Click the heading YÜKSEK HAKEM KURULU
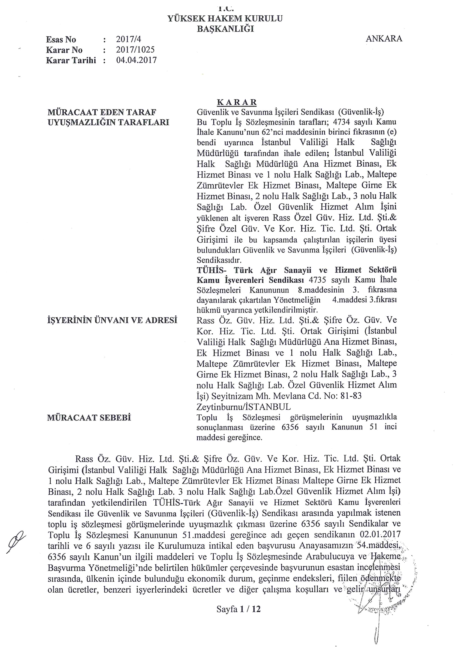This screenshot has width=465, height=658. click(x=225, y=19)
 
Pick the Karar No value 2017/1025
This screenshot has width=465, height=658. click(x=135, y=50)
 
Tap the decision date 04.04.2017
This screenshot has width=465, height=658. click(x=136, y=60)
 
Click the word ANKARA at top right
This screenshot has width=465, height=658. click(x=384, y=39)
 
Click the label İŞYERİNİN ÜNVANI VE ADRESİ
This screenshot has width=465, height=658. click(x=112, y=320)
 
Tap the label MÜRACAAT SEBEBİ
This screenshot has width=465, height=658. click(x=89, y=418)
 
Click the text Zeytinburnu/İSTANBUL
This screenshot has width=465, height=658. click(x=243, y=407)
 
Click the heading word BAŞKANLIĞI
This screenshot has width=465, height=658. click(x=225, y=29)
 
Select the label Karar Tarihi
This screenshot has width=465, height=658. click(x=71, y=60)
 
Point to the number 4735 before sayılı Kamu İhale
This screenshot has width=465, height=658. click(x=317, y=279)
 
